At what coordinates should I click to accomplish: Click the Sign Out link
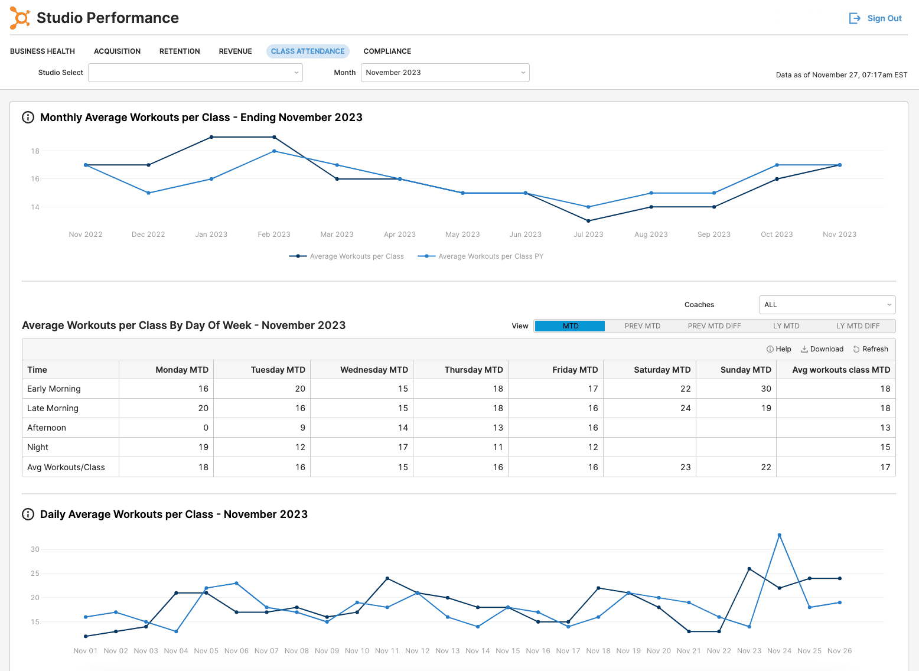coord(875,18)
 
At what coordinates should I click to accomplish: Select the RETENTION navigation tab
coord(180,51)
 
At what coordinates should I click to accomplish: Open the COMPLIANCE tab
coord(387,51)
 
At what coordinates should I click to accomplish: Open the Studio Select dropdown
coord(195,73)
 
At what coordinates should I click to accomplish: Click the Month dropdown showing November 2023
coord(445,73)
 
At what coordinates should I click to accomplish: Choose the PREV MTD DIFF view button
coord(714,326)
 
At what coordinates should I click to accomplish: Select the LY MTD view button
coord(786,326)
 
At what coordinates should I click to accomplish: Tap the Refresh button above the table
coord(871,349)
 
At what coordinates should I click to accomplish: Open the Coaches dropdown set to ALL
coord(827,305)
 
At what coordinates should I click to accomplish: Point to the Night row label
coord(38,447)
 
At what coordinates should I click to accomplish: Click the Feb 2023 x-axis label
coord(274,234)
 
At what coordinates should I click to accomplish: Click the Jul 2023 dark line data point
coord(588,221)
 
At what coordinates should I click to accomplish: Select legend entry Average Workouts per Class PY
coord(481,256)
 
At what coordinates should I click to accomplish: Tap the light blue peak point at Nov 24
coord(780,535)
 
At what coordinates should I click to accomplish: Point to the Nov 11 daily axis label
coord(387,651)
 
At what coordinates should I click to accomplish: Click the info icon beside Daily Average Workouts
coord(28,514)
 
